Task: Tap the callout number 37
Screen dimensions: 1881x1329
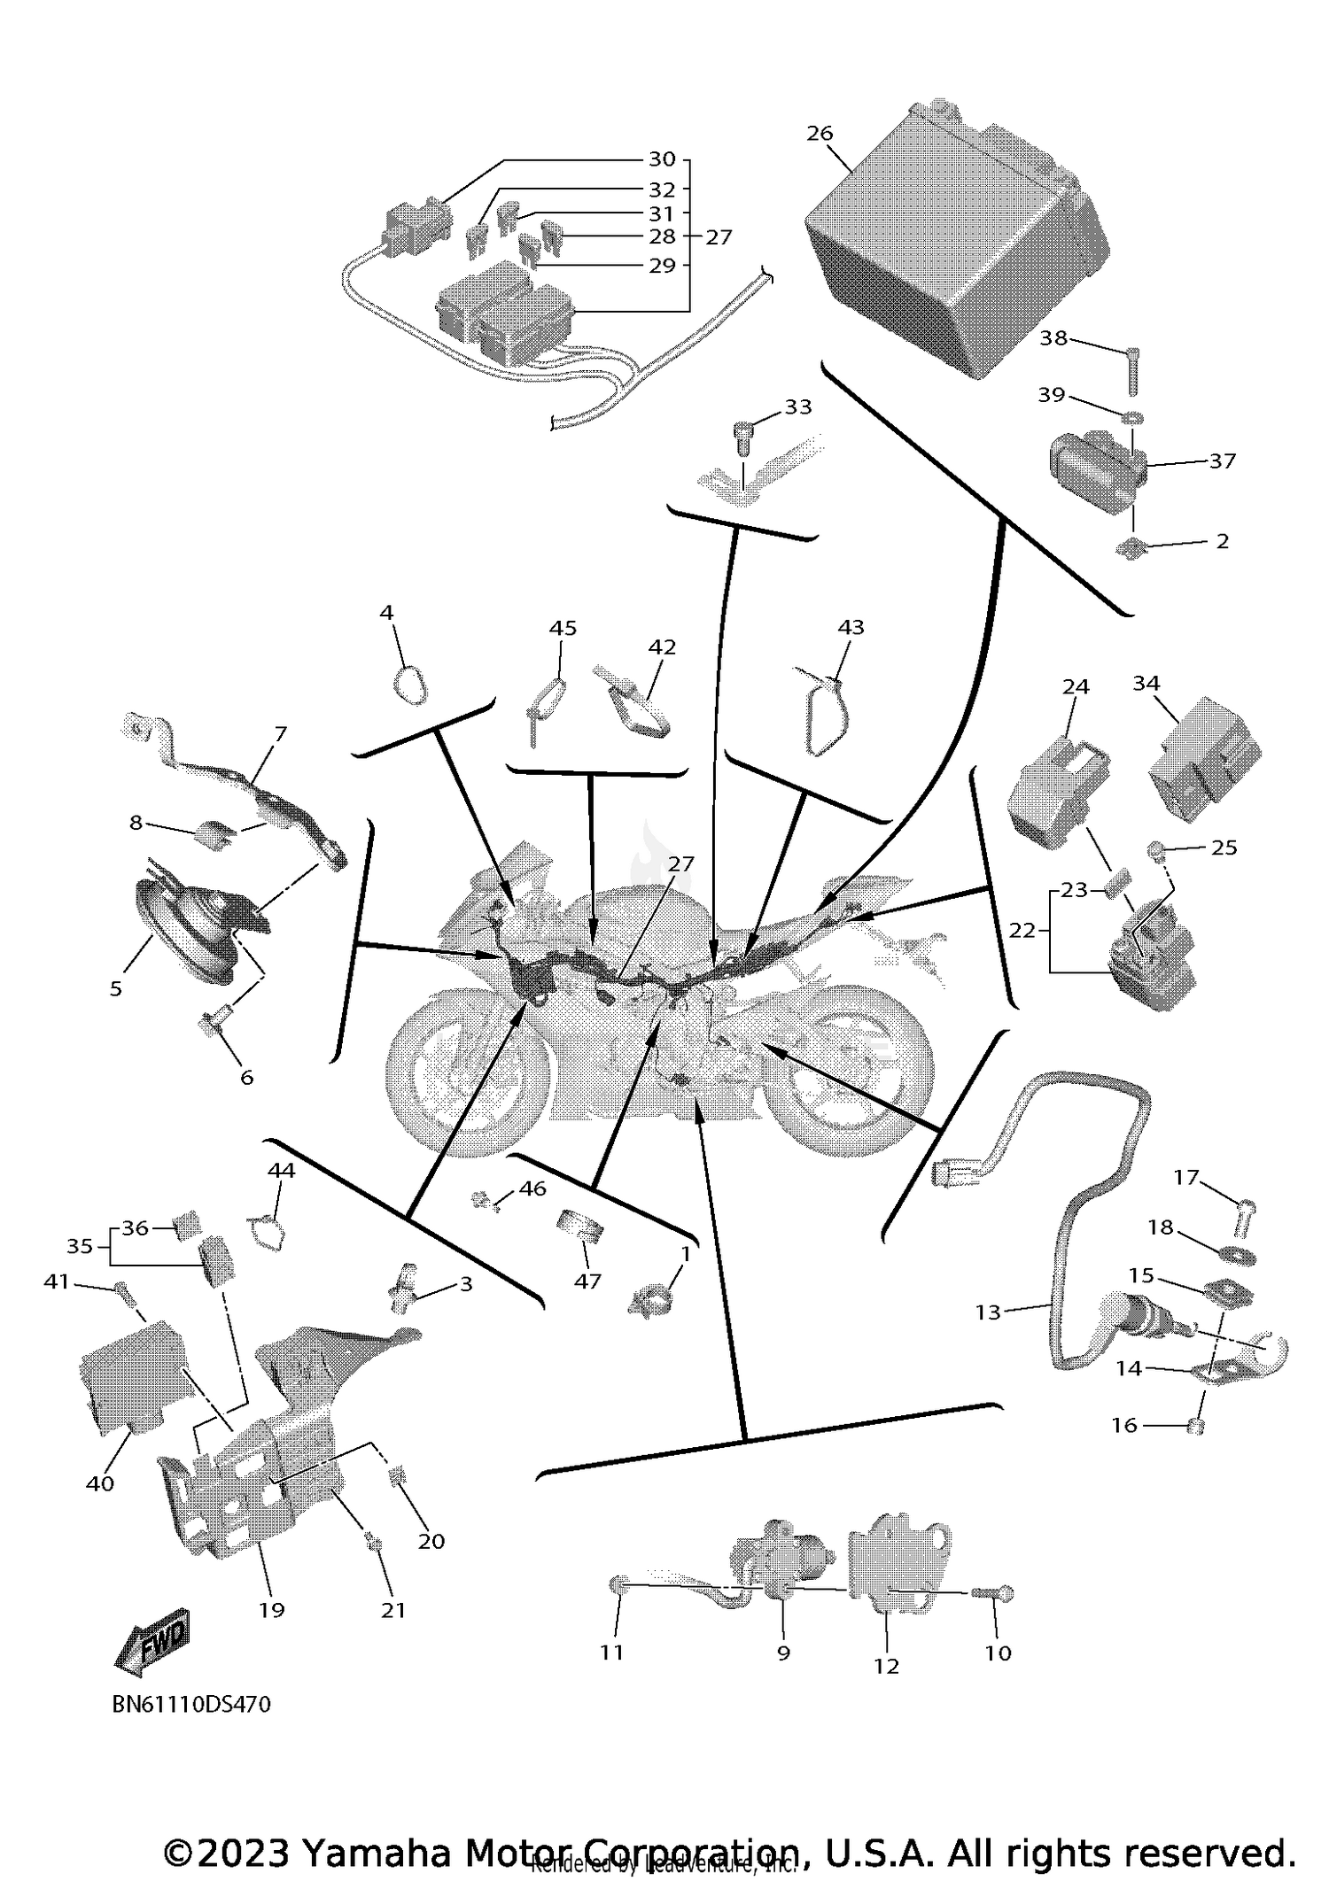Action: coord(1222,461)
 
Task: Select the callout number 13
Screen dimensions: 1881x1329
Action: coord(987,1312)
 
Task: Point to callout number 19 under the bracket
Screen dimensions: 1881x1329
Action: coord(271,1609)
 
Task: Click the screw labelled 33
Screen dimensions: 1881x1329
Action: coord(742,436)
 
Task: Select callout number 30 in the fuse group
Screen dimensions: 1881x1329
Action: coord(662,159)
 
